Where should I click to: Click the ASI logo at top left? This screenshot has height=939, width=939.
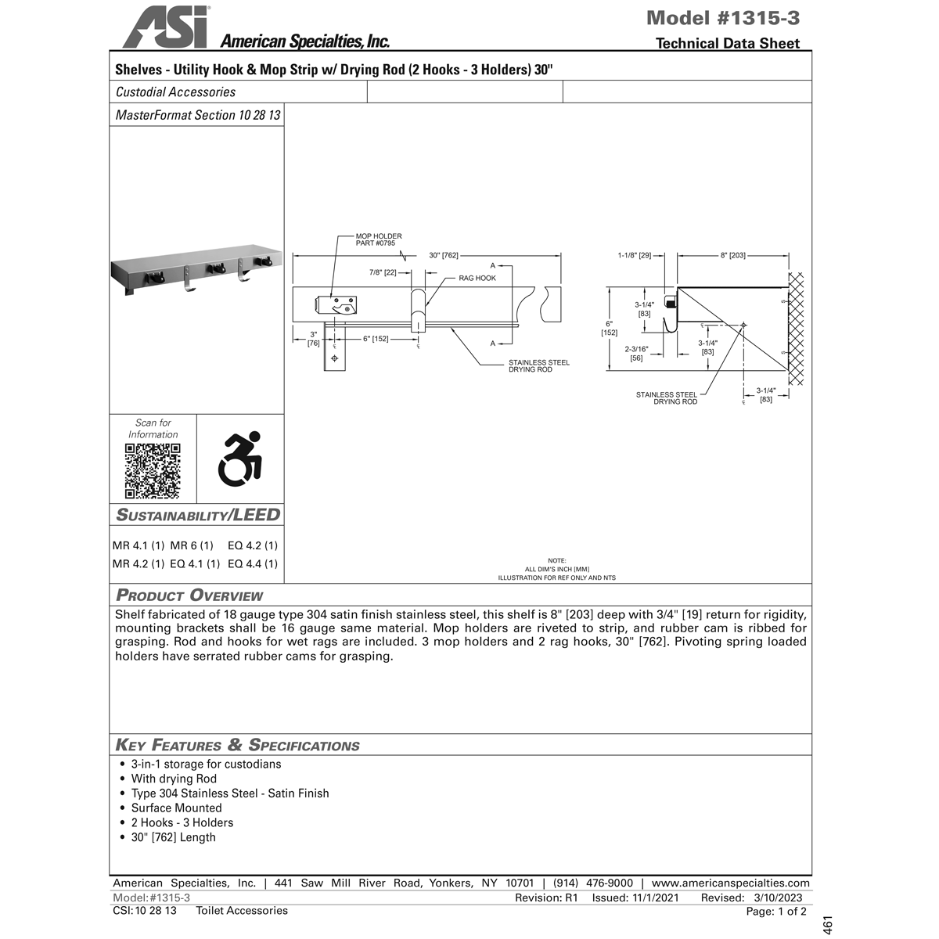(165, 27)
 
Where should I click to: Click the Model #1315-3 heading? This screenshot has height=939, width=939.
(723, 17)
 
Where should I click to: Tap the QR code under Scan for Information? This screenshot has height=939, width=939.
(153, 471)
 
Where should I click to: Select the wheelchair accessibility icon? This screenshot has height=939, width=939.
(239, 459)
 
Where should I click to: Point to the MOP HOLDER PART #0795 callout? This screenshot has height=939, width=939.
(379, 239)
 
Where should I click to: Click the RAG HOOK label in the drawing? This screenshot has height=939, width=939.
(477, 278)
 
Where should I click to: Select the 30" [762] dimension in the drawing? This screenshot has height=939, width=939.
(444, 255)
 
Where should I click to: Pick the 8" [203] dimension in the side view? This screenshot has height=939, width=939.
(732, 255)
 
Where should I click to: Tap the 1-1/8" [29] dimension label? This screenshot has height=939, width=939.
(634, 255)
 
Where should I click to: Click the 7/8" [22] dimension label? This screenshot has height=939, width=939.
(383, 272)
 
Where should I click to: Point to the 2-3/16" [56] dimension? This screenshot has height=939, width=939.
(636, 353)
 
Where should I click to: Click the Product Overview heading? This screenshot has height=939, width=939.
(189, 595)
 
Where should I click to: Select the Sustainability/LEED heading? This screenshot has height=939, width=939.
(198, 515)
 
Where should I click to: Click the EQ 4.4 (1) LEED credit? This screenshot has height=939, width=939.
(252, 563)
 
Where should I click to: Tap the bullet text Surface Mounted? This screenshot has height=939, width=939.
(176, 808)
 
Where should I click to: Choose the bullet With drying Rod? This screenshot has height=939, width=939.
(174, 779)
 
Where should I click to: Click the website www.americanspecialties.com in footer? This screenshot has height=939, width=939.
(730, 883)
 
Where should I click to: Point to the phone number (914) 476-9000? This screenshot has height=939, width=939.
(592, 883)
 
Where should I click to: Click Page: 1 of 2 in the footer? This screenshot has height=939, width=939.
(775, 912)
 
